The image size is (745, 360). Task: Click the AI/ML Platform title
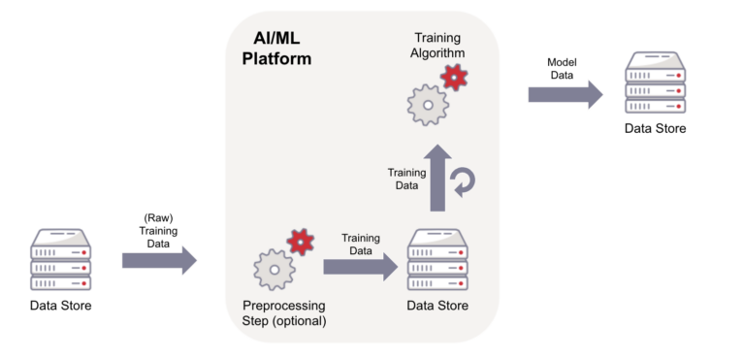pyautogui.click(x=275, y=49)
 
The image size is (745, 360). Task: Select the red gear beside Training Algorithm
pyautogui.click(x=453, y=77)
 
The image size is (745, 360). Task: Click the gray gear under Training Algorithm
pyautogui.click(x=428, y=103)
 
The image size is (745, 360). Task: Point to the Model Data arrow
pyautogui.click(x=566, y=93)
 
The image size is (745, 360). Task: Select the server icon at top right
pyautogui.click(x=655, y=83)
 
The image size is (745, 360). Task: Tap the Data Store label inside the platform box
pyautogui.click(x=437, y=306)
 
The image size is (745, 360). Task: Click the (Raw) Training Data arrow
pyautogui.click(x=159, y=260)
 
